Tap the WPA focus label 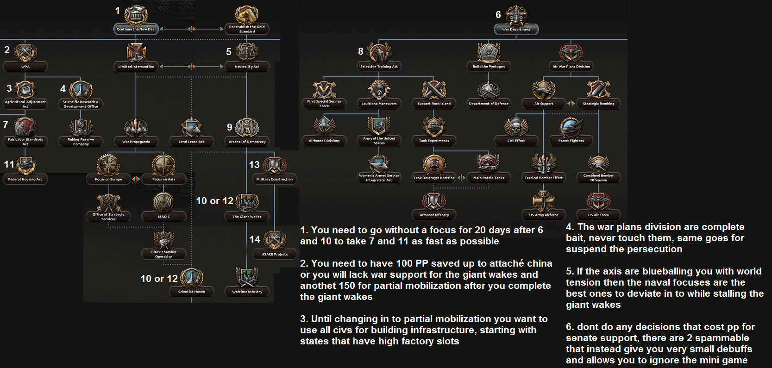25,67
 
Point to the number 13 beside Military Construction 254,165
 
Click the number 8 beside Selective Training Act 361,51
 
